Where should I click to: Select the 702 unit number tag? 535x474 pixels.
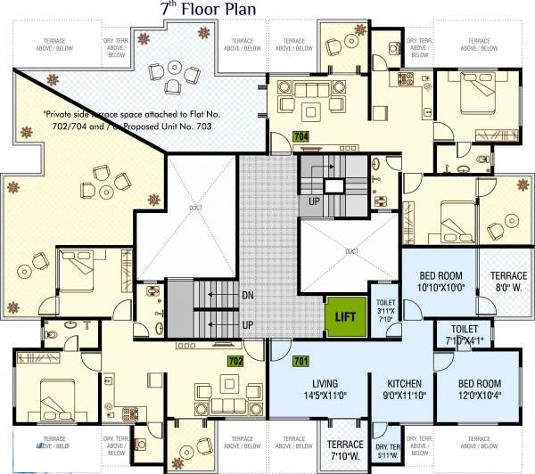point(235,361)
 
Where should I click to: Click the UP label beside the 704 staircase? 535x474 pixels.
point(313,202)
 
